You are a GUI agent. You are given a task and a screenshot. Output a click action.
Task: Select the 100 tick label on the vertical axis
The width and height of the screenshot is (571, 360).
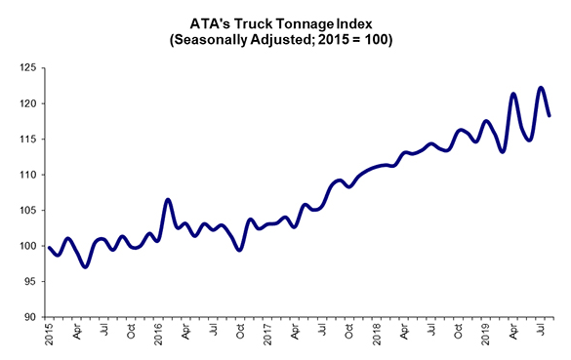click(25, 246)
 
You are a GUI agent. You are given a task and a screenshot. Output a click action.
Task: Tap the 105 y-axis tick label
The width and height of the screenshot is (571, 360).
click(25, 210)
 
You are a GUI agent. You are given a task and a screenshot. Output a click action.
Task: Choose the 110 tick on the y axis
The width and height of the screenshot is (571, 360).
click(25, 175)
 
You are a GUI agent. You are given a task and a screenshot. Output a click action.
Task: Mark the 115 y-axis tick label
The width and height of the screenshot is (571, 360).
click(25, 139)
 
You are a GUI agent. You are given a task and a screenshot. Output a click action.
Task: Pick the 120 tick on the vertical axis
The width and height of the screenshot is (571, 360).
click(25, 103)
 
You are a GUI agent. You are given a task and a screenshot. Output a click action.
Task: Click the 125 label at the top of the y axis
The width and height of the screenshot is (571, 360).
click(25, 68)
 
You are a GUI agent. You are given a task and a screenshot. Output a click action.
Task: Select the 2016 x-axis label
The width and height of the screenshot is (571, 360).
click(159, 334)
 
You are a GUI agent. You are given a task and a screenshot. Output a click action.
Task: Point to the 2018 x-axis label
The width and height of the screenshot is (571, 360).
click(378, 334)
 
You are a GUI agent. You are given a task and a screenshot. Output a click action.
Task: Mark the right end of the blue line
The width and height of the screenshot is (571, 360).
click(550, 115)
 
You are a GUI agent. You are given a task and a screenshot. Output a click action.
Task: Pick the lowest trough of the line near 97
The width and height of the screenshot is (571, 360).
click(85, 265)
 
